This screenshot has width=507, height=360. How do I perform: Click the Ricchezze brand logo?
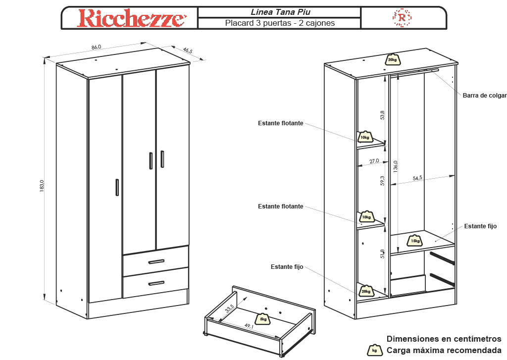click(x=131, y=18)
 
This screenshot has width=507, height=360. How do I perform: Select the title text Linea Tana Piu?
click(x=280, y=12)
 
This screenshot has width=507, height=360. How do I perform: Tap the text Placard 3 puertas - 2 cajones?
click(x=280, y=23)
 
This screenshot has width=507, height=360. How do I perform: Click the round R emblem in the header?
click(x=402, y=18)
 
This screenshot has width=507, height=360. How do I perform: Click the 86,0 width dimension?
click(x=96, y=47)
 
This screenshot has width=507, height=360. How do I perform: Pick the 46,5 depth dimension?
click(x=188, y=50)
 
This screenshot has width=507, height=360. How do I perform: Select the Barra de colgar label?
click(x=484, y=96)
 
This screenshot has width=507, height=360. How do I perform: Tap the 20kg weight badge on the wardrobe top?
click(x=392, y=59)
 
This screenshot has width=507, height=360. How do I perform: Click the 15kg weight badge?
click(x=415, y=241)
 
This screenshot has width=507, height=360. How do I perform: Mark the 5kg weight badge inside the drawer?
click(x=263, y=319)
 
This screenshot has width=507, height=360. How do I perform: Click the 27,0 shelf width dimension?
click(x=374, y=161)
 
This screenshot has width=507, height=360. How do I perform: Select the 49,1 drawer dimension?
click(x=248, y=326)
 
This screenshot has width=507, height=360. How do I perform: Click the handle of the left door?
click(x=117, y=188)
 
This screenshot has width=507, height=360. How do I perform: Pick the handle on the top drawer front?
click(x=156, y=261)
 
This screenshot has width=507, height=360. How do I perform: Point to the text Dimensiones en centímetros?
click(x=444, y=339)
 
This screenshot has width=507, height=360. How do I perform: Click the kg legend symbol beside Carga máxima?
click(x=374, y=351)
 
